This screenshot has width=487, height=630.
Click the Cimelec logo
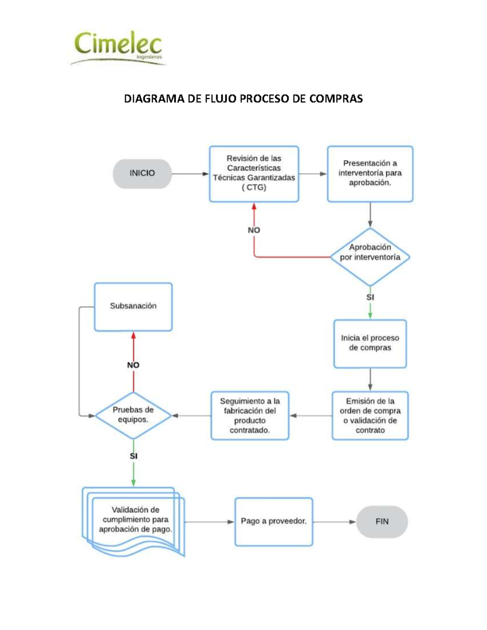[118, 48]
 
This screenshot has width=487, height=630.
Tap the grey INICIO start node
[142, 173]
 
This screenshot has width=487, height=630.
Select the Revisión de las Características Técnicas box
[254, 173]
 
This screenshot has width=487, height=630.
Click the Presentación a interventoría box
[370, 173]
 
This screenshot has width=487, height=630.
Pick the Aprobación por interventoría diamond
[370, 257]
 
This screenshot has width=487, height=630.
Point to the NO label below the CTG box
[254, 230]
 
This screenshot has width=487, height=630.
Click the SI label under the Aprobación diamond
[370, 297]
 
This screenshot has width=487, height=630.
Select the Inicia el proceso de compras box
[370, 343]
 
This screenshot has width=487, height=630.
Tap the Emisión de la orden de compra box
[370, 415]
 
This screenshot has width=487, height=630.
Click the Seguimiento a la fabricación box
[250, 415]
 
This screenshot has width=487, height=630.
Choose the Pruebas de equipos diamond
[133, 415]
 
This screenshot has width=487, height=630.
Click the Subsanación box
[133, 306]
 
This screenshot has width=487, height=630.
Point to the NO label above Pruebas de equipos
[133, 365]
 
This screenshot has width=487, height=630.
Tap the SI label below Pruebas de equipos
[134, 456]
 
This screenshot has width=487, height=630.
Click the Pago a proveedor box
[274, 521]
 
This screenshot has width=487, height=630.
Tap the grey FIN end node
[381, 522]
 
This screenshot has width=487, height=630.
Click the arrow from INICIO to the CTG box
[190, 174]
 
